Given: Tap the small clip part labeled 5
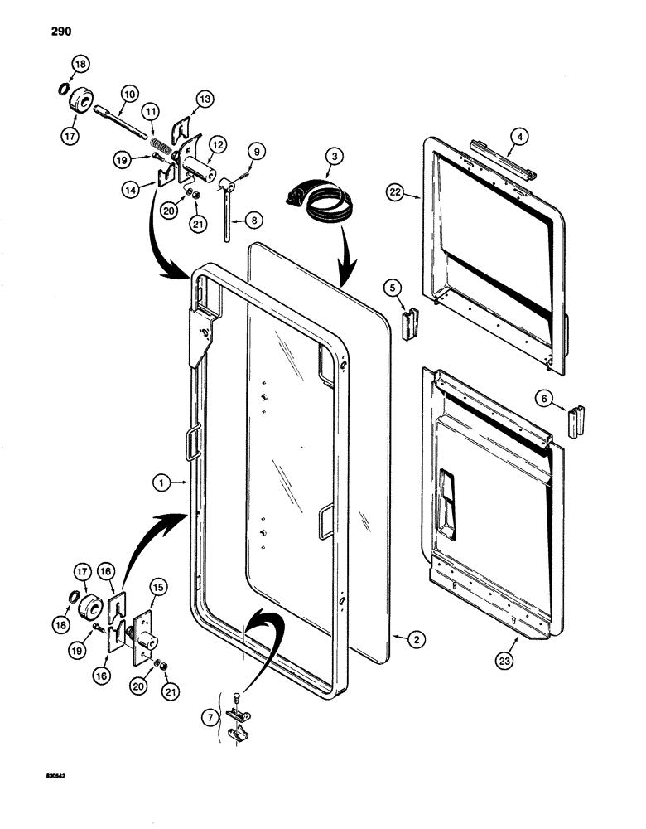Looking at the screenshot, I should pyautogui.click(x=410, y=324).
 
